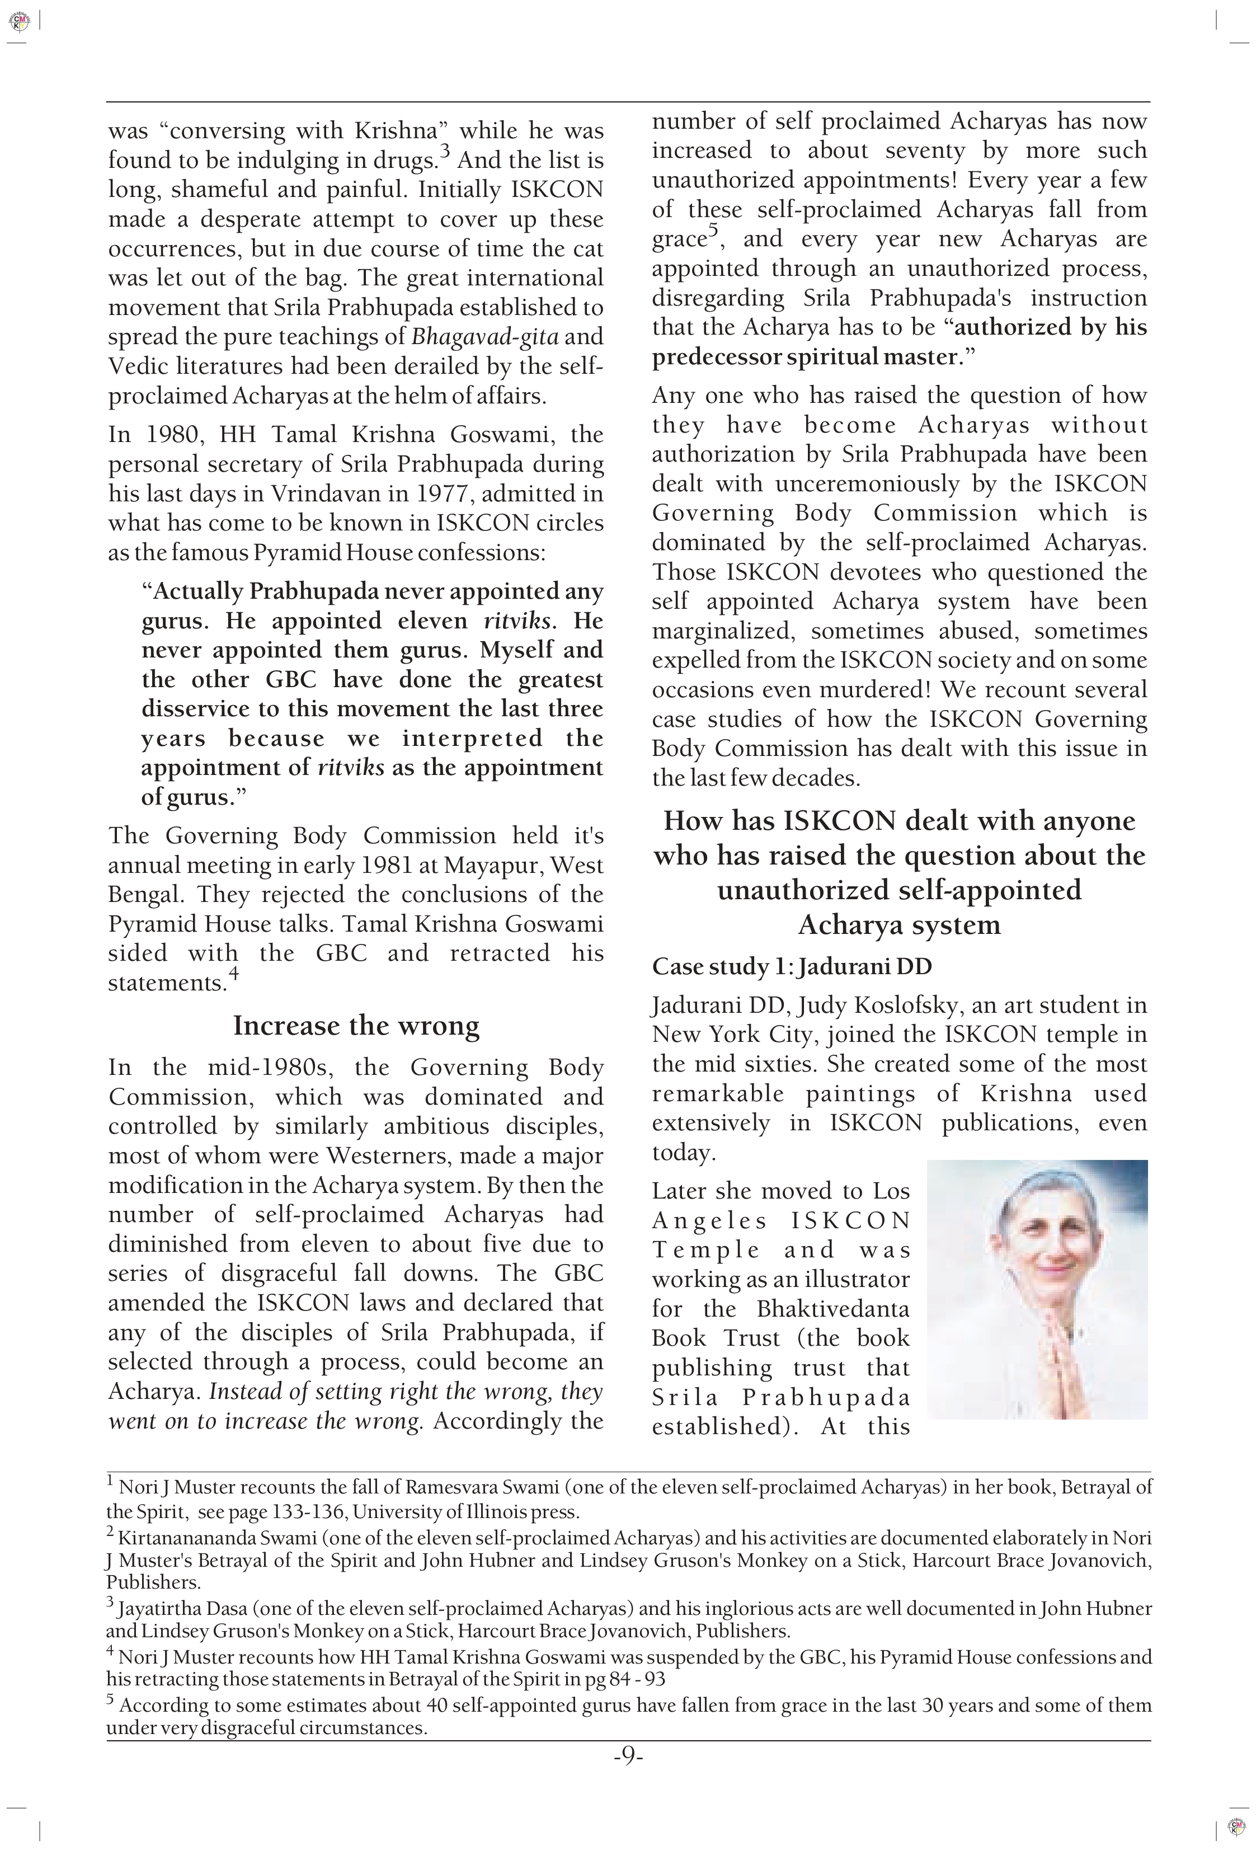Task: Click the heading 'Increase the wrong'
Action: click(x=356, y=1025)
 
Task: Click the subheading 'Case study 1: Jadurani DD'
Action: click(x=791, y=966)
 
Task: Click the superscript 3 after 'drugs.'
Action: click(x=445, y=151)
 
